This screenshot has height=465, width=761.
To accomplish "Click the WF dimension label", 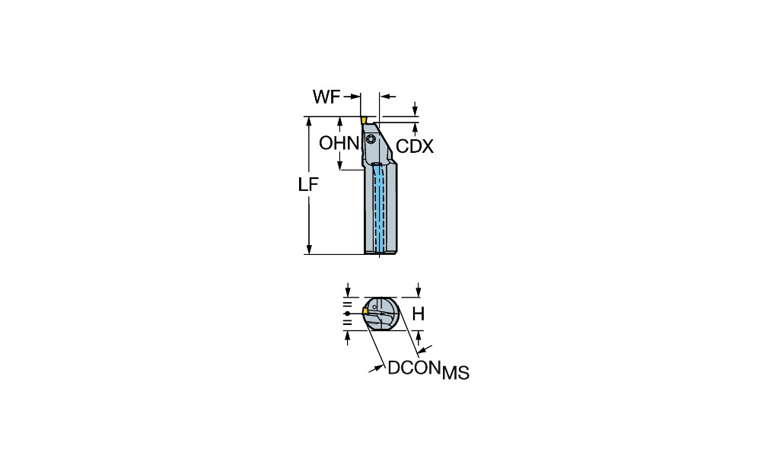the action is click(x=326, y=97).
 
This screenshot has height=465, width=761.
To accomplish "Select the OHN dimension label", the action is click(x=339, y=143).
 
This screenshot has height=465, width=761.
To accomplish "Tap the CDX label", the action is click(x=415, y=147).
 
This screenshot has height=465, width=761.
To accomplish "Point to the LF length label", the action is click(x=308, y=184).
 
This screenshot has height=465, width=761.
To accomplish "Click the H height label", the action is click(x=419, y=314).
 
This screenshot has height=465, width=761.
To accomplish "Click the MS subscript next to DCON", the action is click(x=455, y=373).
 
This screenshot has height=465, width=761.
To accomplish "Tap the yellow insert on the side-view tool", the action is click(x=363, y=120).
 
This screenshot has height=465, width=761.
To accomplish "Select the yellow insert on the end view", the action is click(x=365, y=311).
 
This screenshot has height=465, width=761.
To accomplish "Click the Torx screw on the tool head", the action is click(x=371, y=139).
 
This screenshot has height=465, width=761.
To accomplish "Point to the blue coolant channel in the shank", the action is click(x=379, y=209).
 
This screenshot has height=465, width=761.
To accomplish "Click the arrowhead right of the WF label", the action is click(x=357, y=97).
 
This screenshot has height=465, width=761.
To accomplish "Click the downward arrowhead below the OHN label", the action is click(x=340, y=165).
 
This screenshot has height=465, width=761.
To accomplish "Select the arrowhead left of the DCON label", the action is click(x=374, y=369).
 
